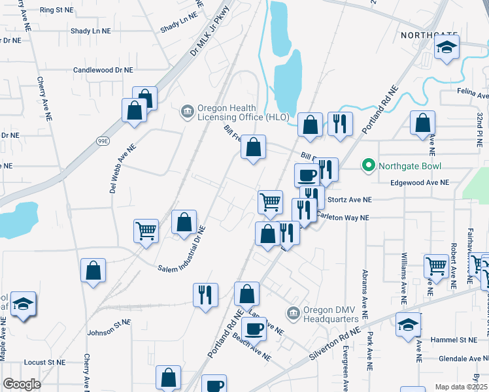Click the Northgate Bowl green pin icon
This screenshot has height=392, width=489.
point(368,166)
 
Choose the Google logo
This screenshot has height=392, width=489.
point(22,384)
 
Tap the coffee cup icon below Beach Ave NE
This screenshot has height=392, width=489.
point(213,385)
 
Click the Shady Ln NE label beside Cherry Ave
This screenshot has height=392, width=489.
point(91,31)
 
